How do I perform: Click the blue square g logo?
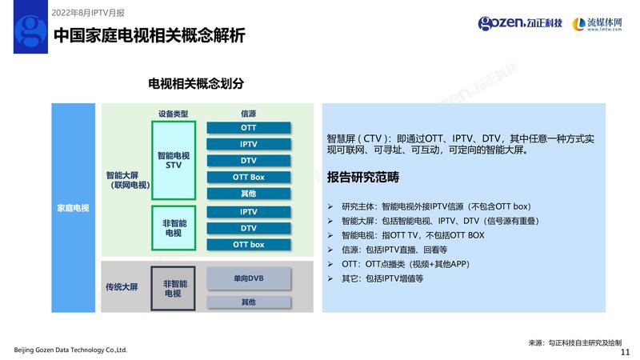coord(30,26)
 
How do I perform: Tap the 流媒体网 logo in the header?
coord(597,24)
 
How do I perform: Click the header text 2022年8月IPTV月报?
coord(88,13)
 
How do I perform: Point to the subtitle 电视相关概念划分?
coord(196,84)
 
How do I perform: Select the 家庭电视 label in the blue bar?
coord(73,208)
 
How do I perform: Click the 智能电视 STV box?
coord(174,161)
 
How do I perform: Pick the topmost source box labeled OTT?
coord(249,128)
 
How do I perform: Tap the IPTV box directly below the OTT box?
coord(249,144)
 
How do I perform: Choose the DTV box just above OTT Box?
coord(249,161)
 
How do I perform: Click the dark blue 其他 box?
coord(249,194)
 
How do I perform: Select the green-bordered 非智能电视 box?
coord(174,228)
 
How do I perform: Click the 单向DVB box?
coord(249,278)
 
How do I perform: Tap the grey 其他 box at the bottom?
coord(249,302)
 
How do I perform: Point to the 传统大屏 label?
coord(122,287)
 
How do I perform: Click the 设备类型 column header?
coord(174,114)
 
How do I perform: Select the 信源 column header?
coord(248,114)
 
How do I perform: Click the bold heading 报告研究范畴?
coord(363,177)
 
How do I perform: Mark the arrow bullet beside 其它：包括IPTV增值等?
coord(330,278)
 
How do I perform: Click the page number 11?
coord(625,352)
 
